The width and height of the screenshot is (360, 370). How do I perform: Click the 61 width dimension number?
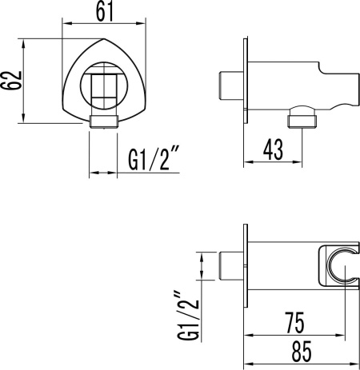point(105,12)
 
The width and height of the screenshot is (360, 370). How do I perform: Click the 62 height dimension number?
point(11,81)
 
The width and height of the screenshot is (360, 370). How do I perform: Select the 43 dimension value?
point(273,149)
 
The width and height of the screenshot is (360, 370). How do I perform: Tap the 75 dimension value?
point(294,323)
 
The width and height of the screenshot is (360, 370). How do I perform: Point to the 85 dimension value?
point(302,352)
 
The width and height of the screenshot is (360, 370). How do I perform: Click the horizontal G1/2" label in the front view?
point(154,158)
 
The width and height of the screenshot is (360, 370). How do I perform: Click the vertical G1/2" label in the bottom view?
point(188,316)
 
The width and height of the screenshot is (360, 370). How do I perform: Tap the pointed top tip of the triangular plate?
point(104,39)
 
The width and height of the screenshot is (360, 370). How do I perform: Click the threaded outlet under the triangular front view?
point(104,122)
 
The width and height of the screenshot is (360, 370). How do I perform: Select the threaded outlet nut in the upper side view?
point(302,121)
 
